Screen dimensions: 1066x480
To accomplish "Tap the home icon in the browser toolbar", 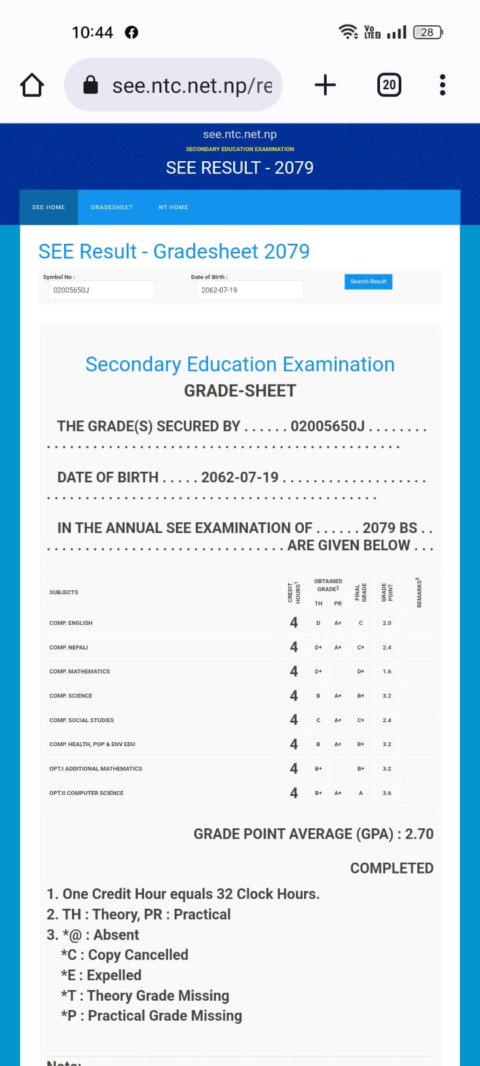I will coord(32,85).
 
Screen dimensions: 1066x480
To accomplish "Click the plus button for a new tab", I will coord(325,85).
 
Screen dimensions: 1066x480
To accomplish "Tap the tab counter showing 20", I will coord(389,85).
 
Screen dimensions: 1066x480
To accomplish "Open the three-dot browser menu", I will coord(442,85).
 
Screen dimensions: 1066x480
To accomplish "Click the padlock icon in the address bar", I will coord(91,85).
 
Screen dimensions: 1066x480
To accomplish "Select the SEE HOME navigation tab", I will coord(49,207).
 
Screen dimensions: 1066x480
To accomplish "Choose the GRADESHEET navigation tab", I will coord(112,207).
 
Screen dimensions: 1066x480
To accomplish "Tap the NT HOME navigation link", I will coord(173,207).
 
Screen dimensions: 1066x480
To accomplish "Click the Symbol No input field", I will coord(101,290).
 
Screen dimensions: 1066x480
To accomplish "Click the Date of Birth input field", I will coord(249,290).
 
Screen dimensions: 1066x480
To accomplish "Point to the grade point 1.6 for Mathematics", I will coord(387,672).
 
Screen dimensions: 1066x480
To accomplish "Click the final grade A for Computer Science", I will coord(361,793).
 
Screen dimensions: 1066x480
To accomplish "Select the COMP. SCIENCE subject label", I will coord(71,696).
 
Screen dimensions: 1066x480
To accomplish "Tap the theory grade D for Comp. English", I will coord(318,623).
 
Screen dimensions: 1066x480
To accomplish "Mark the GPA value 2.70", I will coord(419,834).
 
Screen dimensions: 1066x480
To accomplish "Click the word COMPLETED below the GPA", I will coord(392,868).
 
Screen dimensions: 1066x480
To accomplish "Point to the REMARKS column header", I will coord(419,592).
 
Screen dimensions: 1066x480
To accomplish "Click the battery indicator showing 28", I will coord(427,32).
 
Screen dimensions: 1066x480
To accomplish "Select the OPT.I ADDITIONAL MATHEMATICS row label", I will coord(95,769).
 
